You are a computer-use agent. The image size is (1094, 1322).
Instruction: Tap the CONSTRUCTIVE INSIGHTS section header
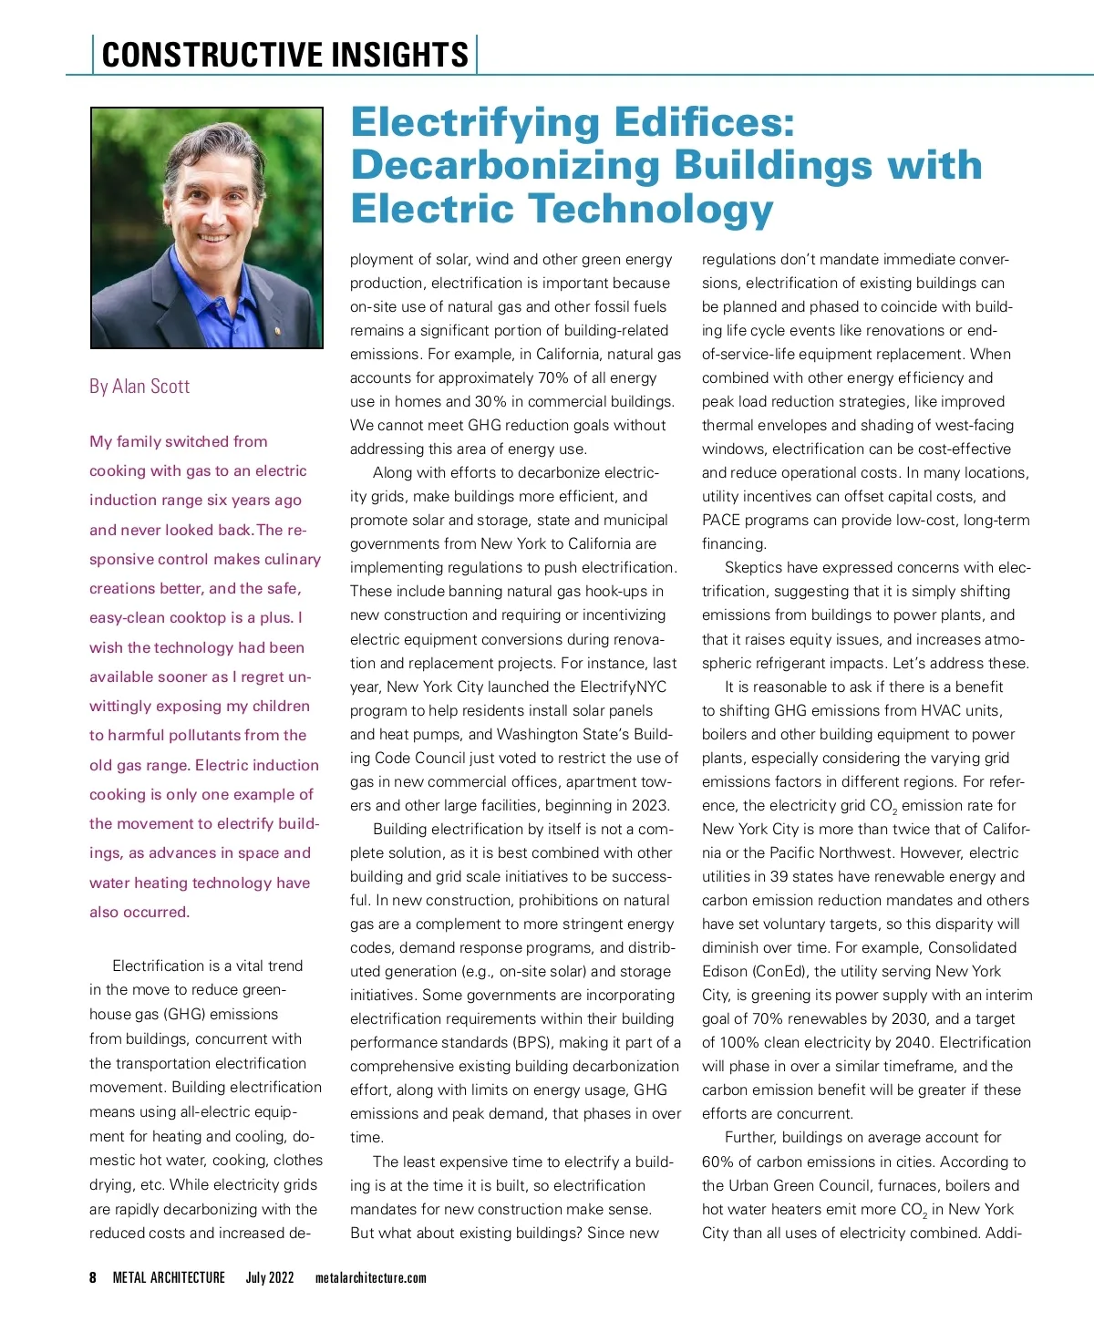tap(284, 55)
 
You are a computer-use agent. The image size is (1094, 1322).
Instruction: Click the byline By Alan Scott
tap(139, 387)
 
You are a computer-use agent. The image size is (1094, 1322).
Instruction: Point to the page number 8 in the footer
tap(93, 1277)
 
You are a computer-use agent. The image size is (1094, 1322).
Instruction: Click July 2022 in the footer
tap(270, 1277)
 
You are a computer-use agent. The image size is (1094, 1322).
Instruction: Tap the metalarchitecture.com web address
tap(371, 1277)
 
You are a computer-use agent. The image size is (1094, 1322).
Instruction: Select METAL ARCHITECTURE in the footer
tap(169, 1277)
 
